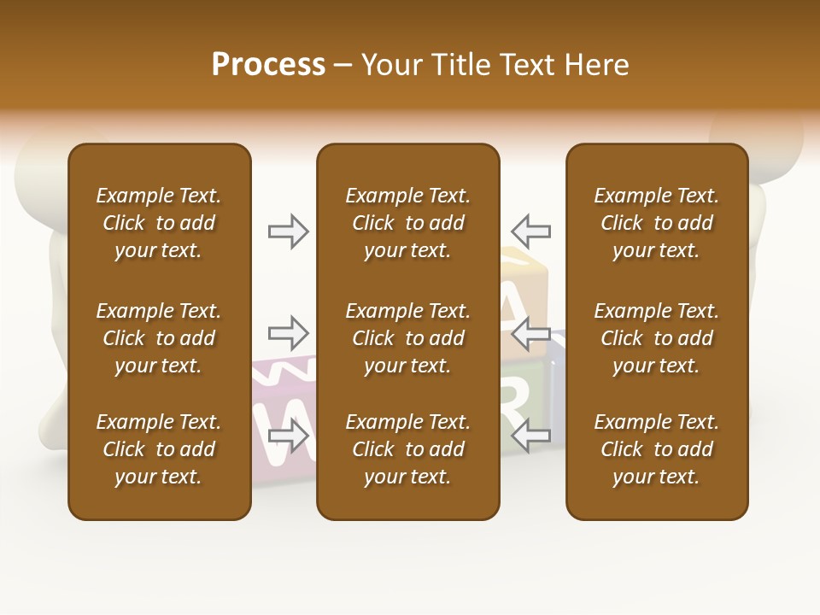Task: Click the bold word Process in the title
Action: click(268, 65)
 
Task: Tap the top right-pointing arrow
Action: click(289, 231)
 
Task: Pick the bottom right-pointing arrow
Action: click(289, 436)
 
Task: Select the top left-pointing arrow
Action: click(530, 231)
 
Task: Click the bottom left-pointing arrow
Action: click(530, 436)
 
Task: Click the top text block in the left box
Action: click(159, 223)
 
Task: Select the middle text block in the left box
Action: click(159, 338)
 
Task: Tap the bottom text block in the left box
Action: click(159, 449)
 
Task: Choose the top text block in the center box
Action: click(408, 223)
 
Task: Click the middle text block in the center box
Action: click(408, 338)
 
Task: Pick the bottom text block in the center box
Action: click(408, 449)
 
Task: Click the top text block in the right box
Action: click(657, 223)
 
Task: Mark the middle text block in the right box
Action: click(657, 338)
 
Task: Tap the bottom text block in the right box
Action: click(657, 449)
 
